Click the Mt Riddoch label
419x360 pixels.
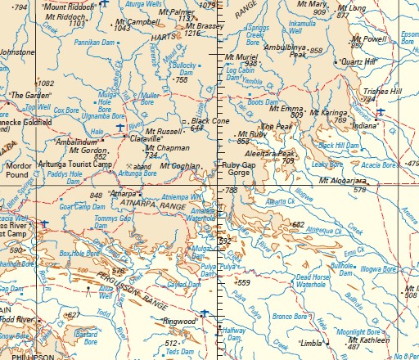pos(65,16)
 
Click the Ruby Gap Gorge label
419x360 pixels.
pos(239,169)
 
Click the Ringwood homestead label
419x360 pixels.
pos(182,322)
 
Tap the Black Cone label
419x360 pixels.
pos(209,120)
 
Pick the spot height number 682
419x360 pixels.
pos(297,223)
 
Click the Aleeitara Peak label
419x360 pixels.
pos(275,153)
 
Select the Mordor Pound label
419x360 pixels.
pos(17,169)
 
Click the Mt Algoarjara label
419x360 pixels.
pos(342,180)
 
